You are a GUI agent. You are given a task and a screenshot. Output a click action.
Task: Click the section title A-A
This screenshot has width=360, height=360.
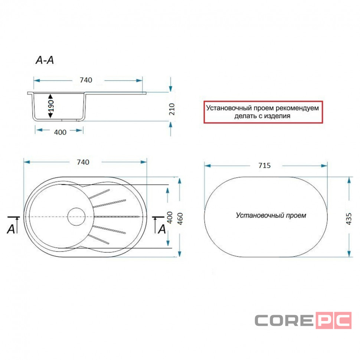(x=45, y=60)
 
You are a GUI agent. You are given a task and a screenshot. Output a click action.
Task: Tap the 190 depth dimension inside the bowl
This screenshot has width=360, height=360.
(x=51, y=106)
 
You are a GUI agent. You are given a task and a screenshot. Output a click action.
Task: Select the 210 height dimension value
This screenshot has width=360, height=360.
(x=172, y=109)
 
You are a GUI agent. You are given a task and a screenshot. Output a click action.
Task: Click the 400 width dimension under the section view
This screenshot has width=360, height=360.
(x=60, y=132)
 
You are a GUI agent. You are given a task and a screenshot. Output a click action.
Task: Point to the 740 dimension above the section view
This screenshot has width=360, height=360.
(x=86, y=80)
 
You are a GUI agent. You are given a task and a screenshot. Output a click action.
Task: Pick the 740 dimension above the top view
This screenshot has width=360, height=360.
(x=83, y=162)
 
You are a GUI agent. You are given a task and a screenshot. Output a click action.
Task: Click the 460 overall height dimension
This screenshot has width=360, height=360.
(x=180, y=219)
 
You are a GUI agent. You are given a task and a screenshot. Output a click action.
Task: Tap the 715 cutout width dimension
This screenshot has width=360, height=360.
(x=265, y=166)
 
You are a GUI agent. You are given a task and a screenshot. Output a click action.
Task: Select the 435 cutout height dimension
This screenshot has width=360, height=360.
(x=349, y=219)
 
